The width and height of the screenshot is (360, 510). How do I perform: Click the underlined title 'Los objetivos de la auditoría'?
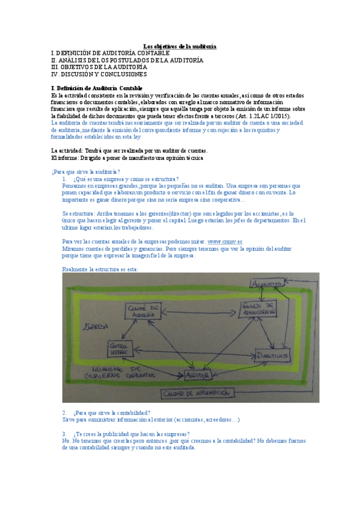coord(180,46)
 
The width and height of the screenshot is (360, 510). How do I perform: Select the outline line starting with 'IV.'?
coord(99,75)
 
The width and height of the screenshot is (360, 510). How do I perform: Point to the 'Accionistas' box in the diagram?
coord(268,283)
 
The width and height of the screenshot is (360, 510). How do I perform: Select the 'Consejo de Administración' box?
coord(259,309)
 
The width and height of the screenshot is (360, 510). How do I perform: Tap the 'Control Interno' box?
coord(120,349)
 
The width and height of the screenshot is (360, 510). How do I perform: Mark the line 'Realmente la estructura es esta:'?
coord(100,269)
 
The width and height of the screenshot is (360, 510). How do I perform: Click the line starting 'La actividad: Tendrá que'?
coord(129,150)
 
